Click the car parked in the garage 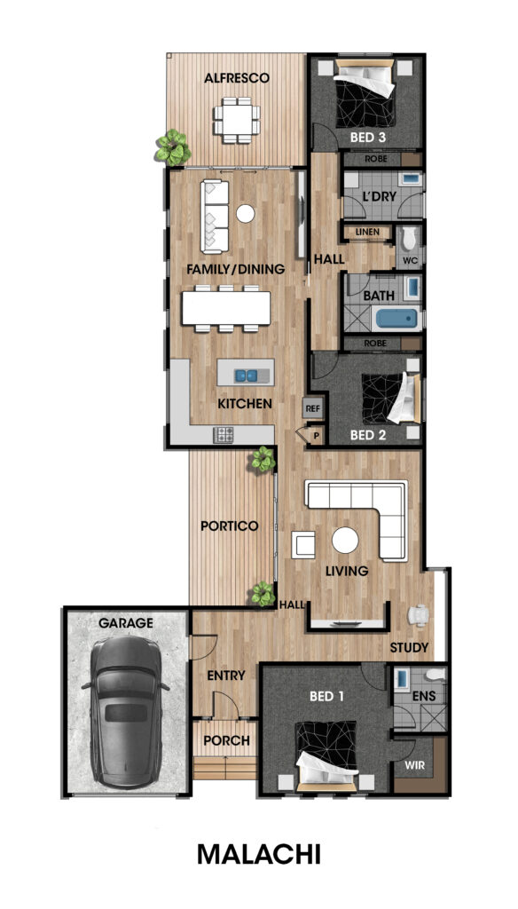[x=125, y=711]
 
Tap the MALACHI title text [x=258, y=855]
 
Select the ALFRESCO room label [x=237, y=78]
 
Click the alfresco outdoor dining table [x=236, y=121]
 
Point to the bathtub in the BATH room [x=396, y=319]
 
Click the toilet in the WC [x=410, y=239]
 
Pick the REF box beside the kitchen [x=313, y=408]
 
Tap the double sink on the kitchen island [x=246, y=375]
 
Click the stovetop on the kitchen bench [x=223, y=435]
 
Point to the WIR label [x=414, y=765]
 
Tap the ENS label [x=425, y=696]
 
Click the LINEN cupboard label [x=368, y=232]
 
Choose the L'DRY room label [x=380, y=196]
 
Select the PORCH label [x=226, y=740]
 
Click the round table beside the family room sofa [x=246, y=214]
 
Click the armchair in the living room [x=303, y=545]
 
